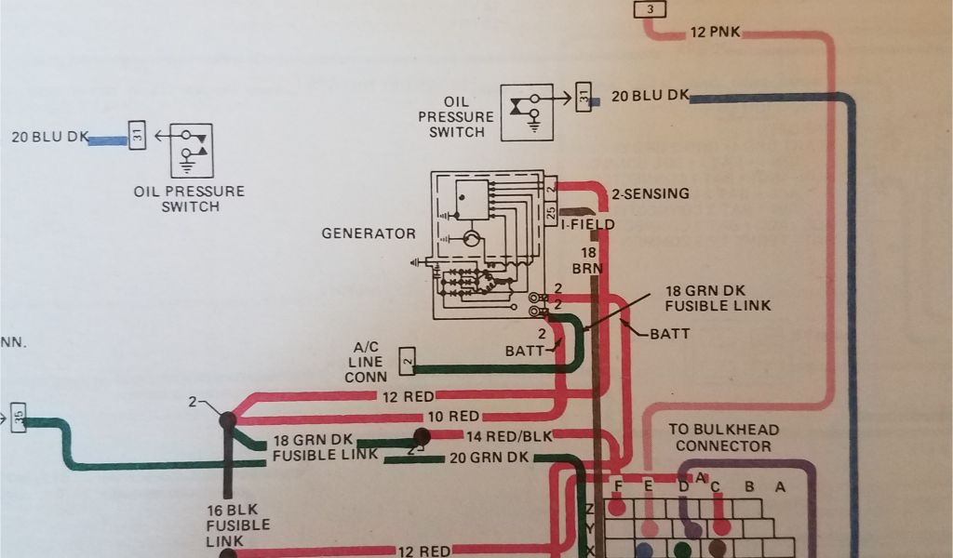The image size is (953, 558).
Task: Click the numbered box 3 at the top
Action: click(x=650, y=9)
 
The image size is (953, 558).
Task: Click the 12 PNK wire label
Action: click(x=715, y=33)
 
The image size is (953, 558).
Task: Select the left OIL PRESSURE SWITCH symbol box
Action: click(x=190, y=151)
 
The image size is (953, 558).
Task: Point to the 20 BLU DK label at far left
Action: click(x=50, y=137)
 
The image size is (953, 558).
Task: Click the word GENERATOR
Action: click(x=369, y=232)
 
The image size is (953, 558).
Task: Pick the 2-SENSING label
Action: click(x=650, y=194)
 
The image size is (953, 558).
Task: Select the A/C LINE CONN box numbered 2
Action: click(x=407, y=360)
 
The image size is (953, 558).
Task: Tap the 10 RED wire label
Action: click(x=453, y=417)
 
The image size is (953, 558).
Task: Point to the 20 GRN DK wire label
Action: click(x=488, y=457)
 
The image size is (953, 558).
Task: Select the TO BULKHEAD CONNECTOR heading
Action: click(x=724, y=438)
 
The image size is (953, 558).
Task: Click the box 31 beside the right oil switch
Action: click(x=584, y=97)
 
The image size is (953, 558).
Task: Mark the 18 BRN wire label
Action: click(x=588, y=259)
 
